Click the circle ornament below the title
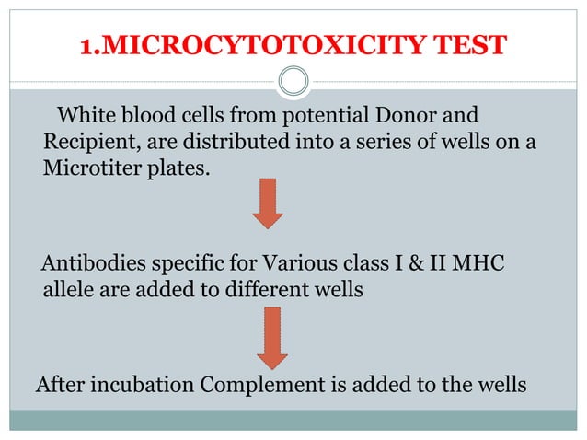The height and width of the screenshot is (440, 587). (293, 82)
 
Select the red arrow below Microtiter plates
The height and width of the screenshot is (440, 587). (268, 203)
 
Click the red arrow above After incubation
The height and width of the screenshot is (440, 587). (271, 336)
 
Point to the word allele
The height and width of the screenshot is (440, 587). (68, 291)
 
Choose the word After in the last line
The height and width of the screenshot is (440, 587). (58, 384)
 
